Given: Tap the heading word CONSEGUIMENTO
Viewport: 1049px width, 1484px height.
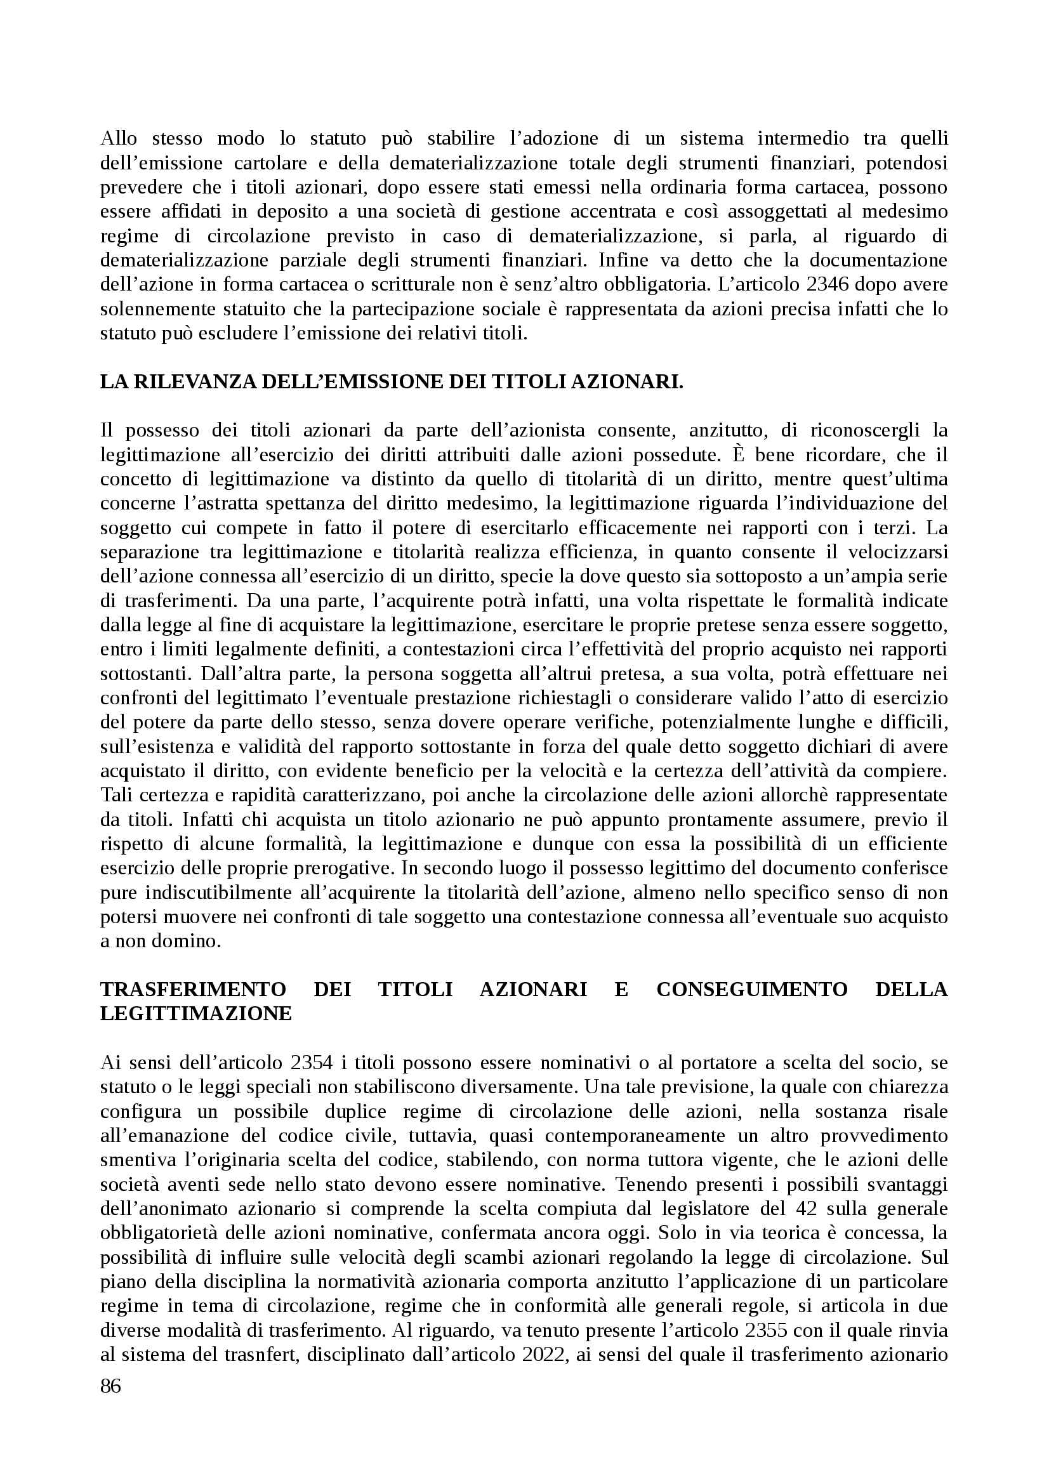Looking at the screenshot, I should tap(751, 989).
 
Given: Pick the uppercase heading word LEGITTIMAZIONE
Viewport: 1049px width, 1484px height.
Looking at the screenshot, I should tap(196, 1013).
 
